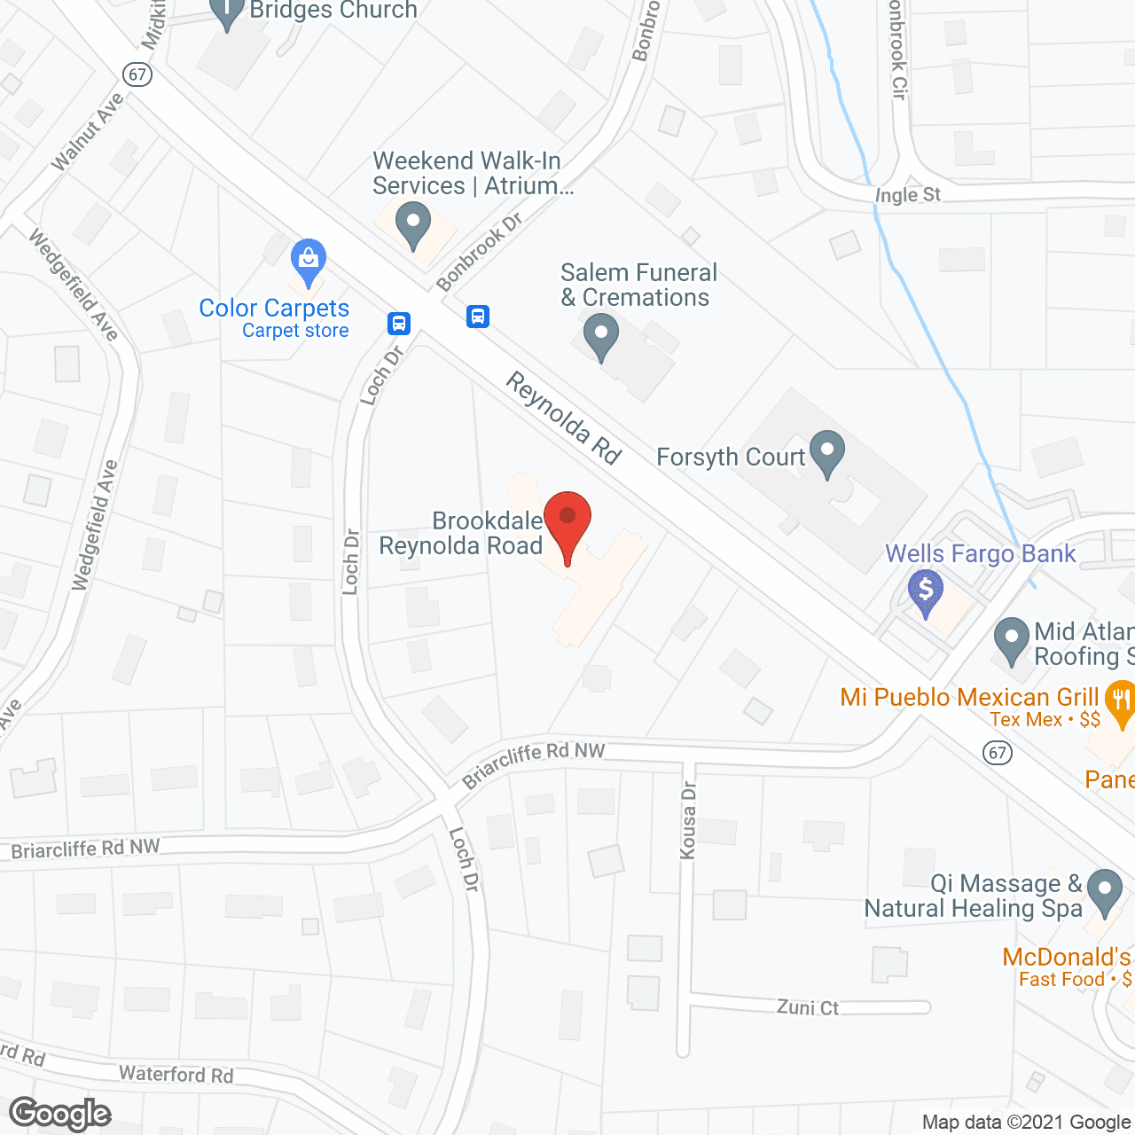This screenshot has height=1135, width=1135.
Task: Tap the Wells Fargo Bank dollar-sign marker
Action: pyautogui.click(x=926, y=591)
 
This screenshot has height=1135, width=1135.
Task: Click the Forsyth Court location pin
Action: pyautogui.click(x=827, y=452)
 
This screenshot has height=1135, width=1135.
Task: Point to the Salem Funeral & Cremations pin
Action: pyautogui.click(x=601, y=337)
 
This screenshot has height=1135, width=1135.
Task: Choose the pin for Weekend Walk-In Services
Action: pyautogui.click(x=411, y=223)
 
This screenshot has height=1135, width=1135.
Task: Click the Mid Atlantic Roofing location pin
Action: pyautogui.click(x=1011, y=640)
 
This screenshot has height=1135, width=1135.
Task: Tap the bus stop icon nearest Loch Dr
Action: pyautogui.click(x=399, y=323)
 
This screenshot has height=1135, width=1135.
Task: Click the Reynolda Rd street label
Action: pyautogui.click(x=563, y=419)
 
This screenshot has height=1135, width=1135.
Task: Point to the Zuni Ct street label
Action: pyautogui.click(x=807, y=1007)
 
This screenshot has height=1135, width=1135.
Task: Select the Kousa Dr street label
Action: pyautogui.click(x=688, y=820)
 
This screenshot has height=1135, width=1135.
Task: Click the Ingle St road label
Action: pyautogui.click(x=907, y=195)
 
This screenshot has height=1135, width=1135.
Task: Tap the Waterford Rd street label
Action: pyautogui.click(x=176, y=1074)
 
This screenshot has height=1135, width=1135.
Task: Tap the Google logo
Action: pyautogui.click(x=60, y=1114)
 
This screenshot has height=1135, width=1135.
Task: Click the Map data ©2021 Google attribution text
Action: pyautogui.click(x=1026, y=1123)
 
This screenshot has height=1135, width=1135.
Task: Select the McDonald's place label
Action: pyautogui.click(x=1066, y=958)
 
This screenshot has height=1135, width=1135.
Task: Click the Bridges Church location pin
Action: pyautogui.click(x=227, y=12)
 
